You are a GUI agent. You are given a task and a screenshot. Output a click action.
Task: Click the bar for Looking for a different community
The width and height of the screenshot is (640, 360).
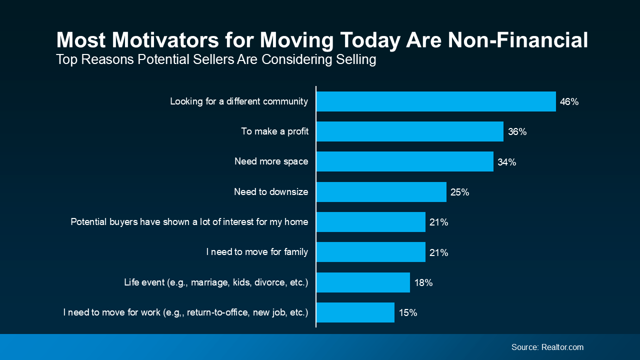click(436, 101)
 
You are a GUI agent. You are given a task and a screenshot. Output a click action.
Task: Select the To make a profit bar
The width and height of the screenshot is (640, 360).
click(409, 131)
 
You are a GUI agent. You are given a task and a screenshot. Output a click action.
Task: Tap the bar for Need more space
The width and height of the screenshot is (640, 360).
click(404, 161)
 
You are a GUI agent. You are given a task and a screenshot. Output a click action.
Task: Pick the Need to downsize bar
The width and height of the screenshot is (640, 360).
click(381, 192)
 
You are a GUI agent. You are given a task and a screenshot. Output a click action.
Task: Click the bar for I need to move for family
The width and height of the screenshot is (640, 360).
click(370, 252)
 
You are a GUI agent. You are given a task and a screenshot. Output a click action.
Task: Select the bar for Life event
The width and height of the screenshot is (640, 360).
click(363, 282)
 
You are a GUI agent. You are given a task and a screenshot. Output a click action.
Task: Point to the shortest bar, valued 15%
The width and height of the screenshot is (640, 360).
click(355, 312)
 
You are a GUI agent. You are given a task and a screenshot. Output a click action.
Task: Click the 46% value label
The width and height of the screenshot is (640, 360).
click(569, 102)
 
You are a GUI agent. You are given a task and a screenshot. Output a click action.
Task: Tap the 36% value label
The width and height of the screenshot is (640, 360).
click(517, 132)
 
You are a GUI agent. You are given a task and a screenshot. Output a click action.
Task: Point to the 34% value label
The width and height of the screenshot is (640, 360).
click(506, 162)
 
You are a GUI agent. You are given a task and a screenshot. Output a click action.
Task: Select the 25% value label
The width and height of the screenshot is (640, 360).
click(459, 192)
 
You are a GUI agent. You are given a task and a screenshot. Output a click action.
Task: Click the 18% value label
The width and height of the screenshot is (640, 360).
click(423, 282)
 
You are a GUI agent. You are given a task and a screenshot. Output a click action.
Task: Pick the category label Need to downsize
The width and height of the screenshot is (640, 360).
click(271, 192)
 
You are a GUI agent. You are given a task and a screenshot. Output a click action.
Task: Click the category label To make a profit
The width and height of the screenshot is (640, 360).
click(274, 131)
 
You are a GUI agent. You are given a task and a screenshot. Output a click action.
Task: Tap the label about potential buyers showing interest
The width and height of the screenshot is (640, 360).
click(189, 222)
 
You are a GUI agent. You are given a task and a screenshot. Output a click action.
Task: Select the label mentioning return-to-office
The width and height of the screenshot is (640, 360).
click(185, 312)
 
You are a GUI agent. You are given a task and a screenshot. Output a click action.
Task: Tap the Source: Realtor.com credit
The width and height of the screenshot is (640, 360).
click(547, 347)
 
